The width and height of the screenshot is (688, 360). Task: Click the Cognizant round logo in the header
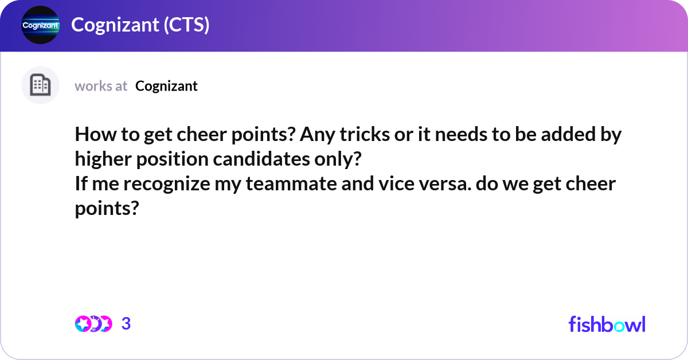pyautogui.click(x=40, y=26)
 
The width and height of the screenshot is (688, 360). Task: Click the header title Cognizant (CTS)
pyautogui.click(x=140, y=25)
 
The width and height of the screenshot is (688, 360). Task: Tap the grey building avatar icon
pyautogui.click(x=40, y=85)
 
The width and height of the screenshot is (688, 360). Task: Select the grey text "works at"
pyautogui.click(x=101, y=86)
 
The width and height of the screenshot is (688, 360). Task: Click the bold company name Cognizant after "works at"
pyautogui.click(x=166, y=86)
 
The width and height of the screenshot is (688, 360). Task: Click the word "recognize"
pyautogui.click(x=167, y=185)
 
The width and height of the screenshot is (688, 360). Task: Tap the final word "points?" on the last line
pyautogui.click(x=107, y=209)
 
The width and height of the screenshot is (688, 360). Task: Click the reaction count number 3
pyautogui.click(x=126, y=324)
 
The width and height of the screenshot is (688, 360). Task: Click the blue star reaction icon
pyautogui.click(x=83, y=324)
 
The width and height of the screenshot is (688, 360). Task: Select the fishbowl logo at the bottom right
pyautogui.click(x=607, y=324)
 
